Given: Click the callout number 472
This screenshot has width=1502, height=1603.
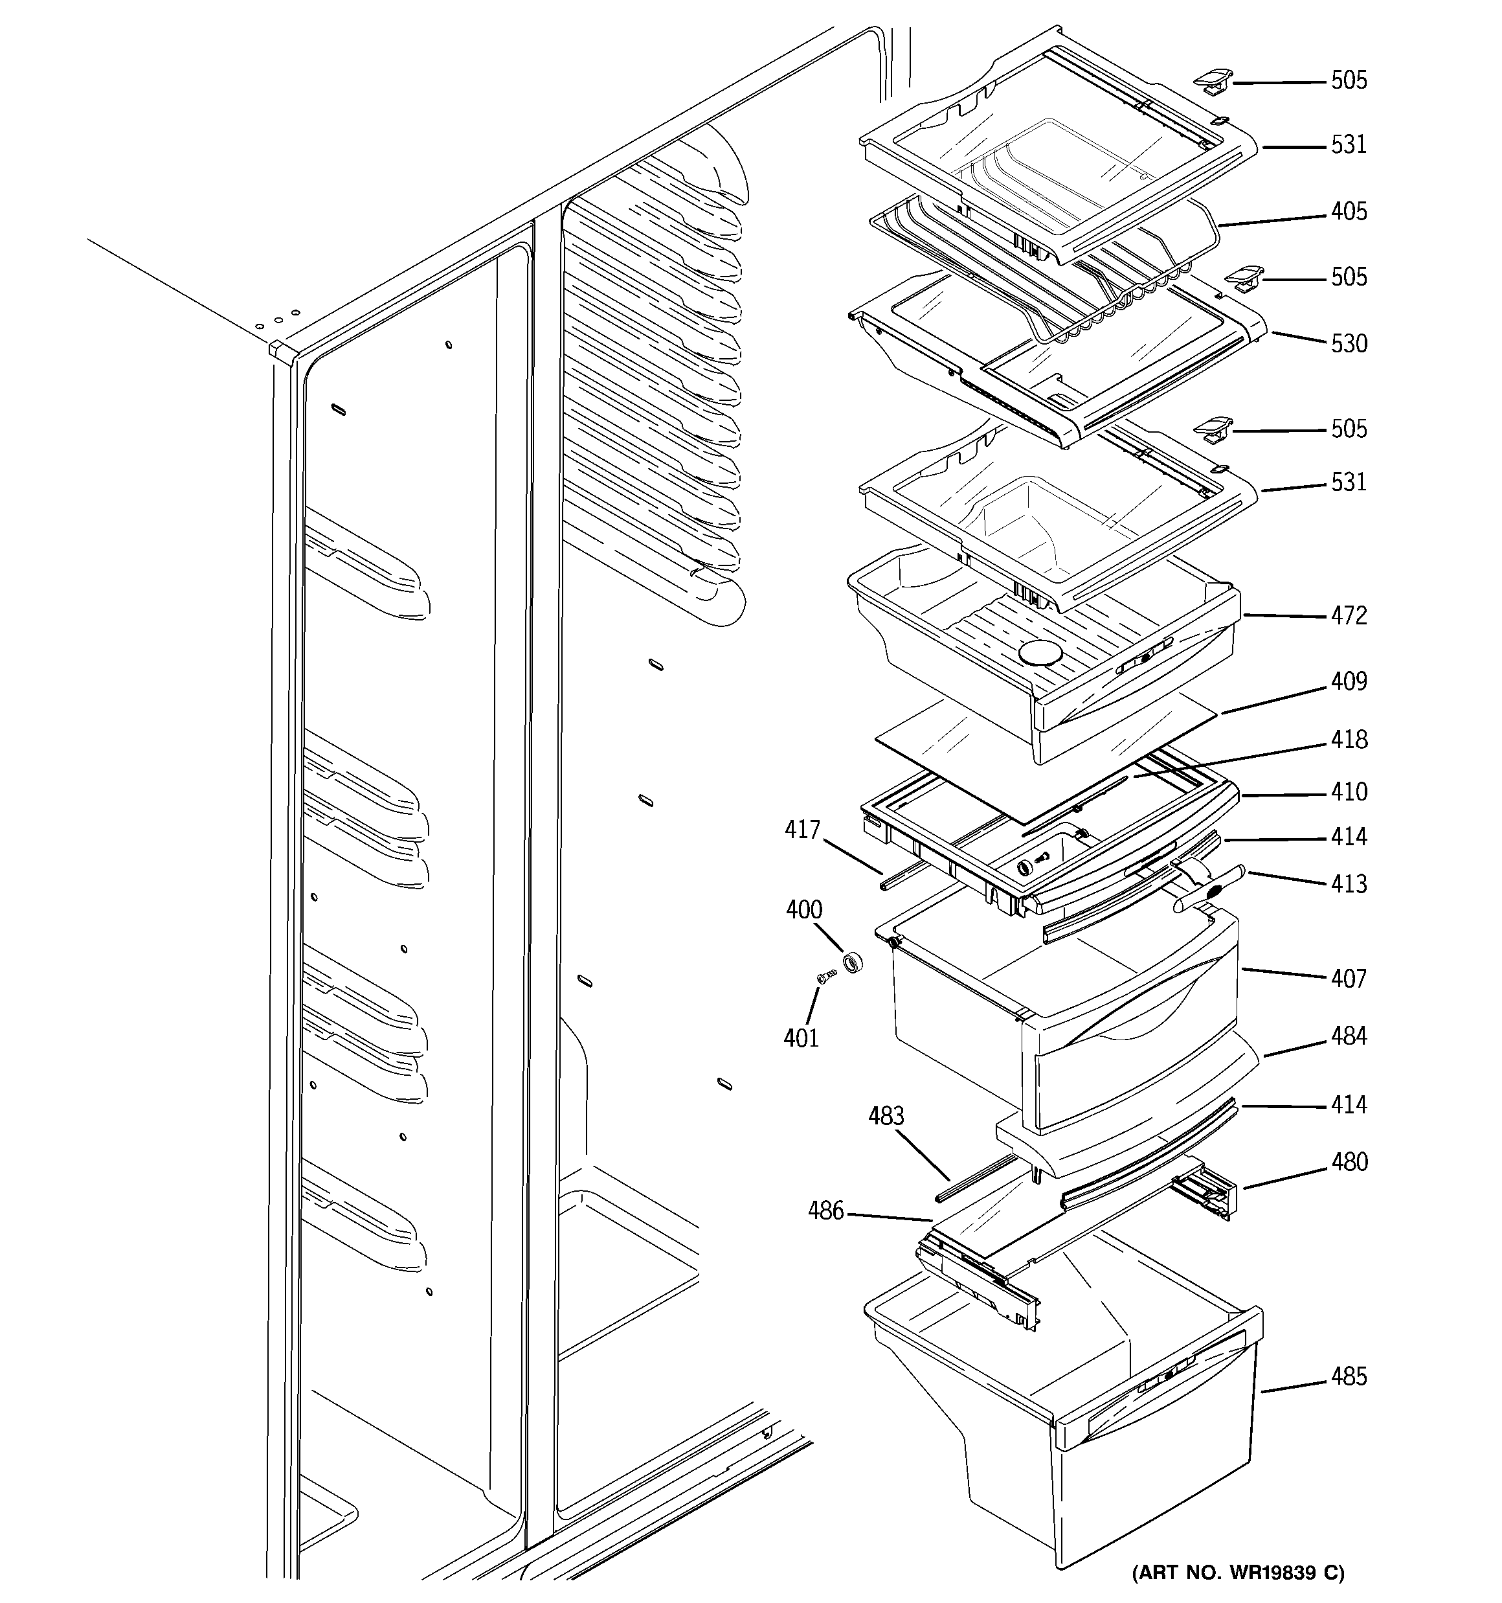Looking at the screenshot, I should (x=1348, y=616).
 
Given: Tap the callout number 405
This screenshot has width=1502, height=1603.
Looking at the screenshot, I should (x=1348, y=212).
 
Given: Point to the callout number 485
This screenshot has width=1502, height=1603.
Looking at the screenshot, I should (x=1348, y=1377).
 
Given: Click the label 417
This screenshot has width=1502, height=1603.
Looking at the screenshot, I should (x=802, y=830).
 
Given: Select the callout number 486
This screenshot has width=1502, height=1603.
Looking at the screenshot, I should (x=825, y=1211).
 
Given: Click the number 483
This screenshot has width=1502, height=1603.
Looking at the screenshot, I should (x=886, y=1117).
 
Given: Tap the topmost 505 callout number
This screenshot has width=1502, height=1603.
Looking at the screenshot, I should (x=1348, y=80).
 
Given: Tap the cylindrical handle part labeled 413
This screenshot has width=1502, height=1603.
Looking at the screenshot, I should (x=1209, y=892).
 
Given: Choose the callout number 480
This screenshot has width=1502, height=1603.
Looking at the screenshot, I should (x=1348, y=1163).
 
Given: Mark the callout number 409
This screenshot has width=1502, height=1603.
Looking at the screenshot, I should (x=1348, y=682).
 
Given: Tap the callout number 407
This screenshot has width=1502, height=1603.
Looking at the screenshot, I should (x=1348, y=979).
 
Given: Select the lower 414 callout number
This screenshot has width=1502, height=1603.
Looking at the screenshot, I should (x=1348, y=1105).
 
